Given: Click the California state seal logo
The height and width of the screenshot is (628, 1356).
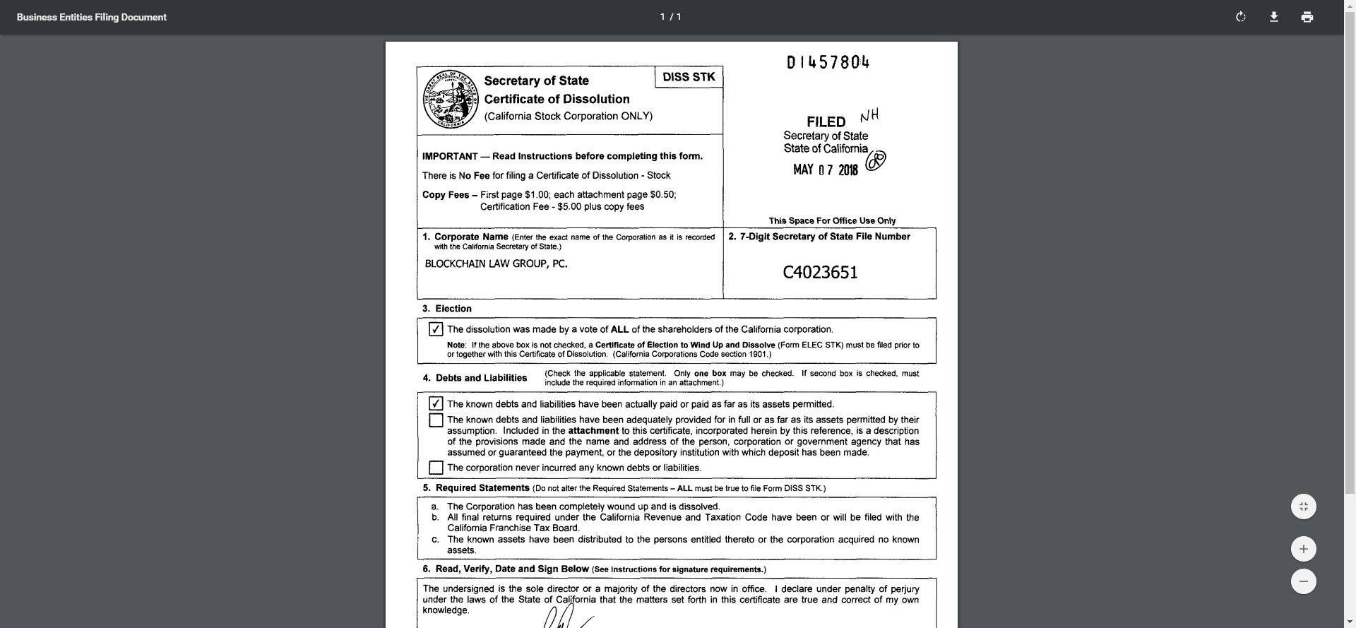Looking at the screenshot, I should tap(451, 100).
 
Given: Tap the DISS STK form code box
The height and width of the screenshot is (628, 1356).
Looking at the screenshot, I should tap(689, 77).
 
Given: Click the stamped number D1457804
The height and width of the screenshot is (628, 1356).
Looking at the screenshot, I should tap(828, 63).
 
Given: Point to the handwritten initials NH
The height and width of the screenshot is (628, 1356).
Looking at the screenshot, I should tap(869, 116).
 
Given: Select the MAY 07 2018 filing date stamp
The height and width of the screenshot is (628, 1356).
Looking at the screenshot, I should tap(825, 170).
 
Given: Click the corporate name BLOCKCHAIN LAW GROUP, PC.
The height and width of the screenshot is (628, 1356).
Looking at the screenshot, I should tap(496, 264).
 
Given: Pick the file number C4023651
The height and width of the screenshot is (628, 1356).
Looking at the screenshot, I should tap(820, 273).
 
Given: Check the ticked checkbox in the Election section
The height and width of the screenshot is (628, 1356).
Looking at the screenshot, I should tap(436, 329).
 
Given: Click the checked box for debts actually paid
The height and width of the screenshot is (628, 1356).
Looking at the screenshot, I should tap(436, 404).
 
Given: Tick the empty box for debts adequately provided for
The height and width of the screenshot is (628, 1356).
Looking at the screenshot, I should tap(436, 420).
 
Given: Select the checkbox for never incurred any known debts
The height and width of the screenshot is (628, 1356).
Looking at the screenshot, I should tap(436, 468).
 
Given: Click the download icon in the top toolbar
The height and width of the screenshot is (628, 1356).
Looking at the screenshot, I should tap(1274, 17).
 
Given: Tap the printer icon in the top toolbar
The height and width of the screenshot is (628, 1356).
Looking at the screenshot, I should tap(1307, 17).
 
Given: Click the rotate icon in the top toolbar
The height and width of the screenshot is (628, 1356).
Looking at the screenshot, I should tap(1241, 17).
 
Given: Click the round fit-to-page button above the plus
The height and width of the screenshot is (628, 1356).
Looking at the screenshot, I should tap(1303, 506).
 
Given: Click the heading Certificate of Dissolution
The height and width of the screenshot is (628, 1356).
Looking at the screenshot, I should tap(557, 100).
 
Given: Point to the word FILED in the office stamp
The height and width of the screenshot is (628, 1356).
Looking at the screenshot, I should tap(826, 122).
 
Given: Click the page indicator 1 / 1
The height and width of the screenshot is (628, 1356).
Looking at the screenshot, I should tap(670, 17).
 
